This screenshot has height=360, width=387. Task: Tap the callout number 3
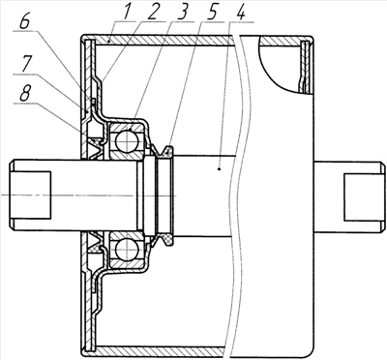pyautogui.click(x=182, y=12)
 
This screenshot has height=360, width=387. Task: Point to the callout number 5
pyautogui.click(x=212, y=12)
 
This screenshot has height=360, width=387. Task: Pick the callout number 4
pyautogui.click(x=240, y=12)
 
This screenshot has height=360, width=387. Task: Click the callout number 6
pyautogui.click(x=26, y=22)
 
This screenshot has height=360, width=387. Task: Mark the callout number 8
pyautogui.click(x=26, y=94)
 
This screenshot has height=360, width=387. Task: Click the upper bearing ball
pyautogui.click(x=127, y=140)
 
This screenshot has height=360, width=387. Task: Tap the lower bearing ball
pyautogui.click(x=127, y=250)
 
